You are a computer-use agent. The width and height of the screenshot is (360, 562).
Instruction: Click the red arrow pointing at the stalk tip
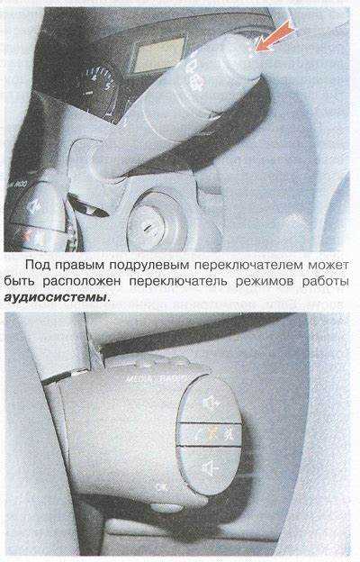click(x=274, y=35)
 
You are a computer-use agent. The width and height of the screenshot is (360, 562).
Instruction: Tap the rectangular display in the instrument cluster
click(x=160, y=53)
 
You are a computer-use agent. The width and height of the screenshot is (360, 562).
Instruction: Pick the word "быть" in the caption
click(x=20, y=281)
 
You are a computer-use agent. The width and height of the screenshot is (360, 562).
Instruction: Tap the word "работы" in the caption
click(x=325, y=282)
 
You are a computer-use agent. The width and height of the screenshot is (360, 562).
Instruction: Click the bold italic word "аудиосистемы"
click(x=55, y=298)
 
